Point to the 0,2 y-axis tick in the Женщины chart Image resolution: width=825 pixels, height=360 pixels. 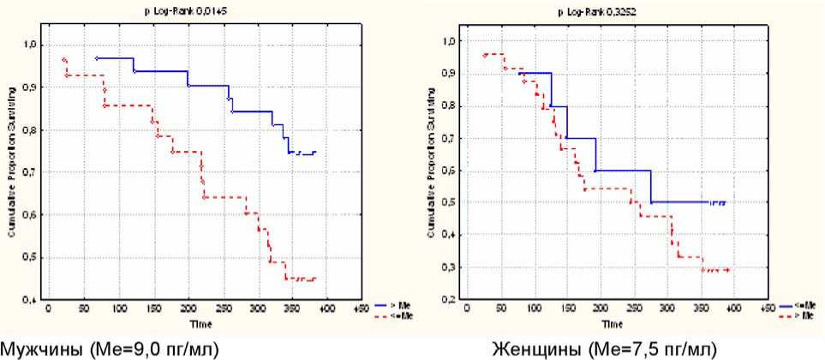448,300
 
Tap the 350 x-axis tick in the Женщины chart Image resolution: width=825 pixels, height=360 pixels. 698,306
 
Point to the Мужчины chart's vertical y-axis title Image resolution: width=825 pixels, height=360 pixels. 12,171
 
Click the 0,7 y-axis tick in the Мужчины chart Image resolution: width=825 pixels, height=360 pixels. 30,173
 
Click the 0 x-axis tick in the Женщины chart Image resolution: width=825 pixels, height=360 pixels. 467,306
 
